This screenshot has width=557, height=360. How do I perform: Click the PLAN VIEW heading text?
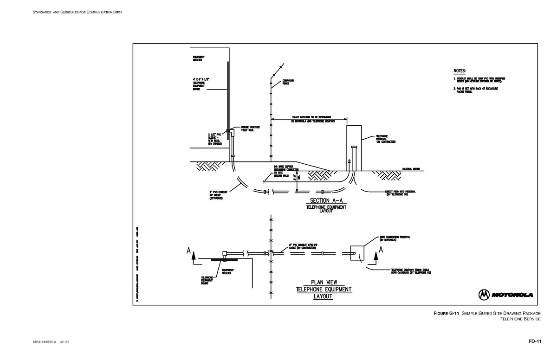[x=324, y=282]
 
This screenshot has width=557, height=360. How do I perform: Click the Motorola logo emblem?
[x=484, y=295]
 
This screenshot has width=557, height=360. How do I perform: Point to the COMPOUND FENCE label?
[x=288, y=83]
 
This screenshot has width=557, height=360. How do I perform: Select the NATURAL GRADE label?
[x=411, y=169]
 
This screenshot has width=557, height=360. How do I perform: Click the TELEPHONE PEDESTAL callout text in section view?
[x=385, y=139]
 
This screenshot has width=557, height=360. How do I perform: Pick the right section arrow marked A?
[x=382, y=252]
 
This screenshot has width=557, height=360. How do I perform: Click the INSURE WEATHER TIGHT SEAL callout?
[x=250, y=129]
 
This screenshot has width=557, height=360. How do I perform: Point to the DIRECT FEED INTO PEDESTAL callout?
[x=400, y=193]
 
